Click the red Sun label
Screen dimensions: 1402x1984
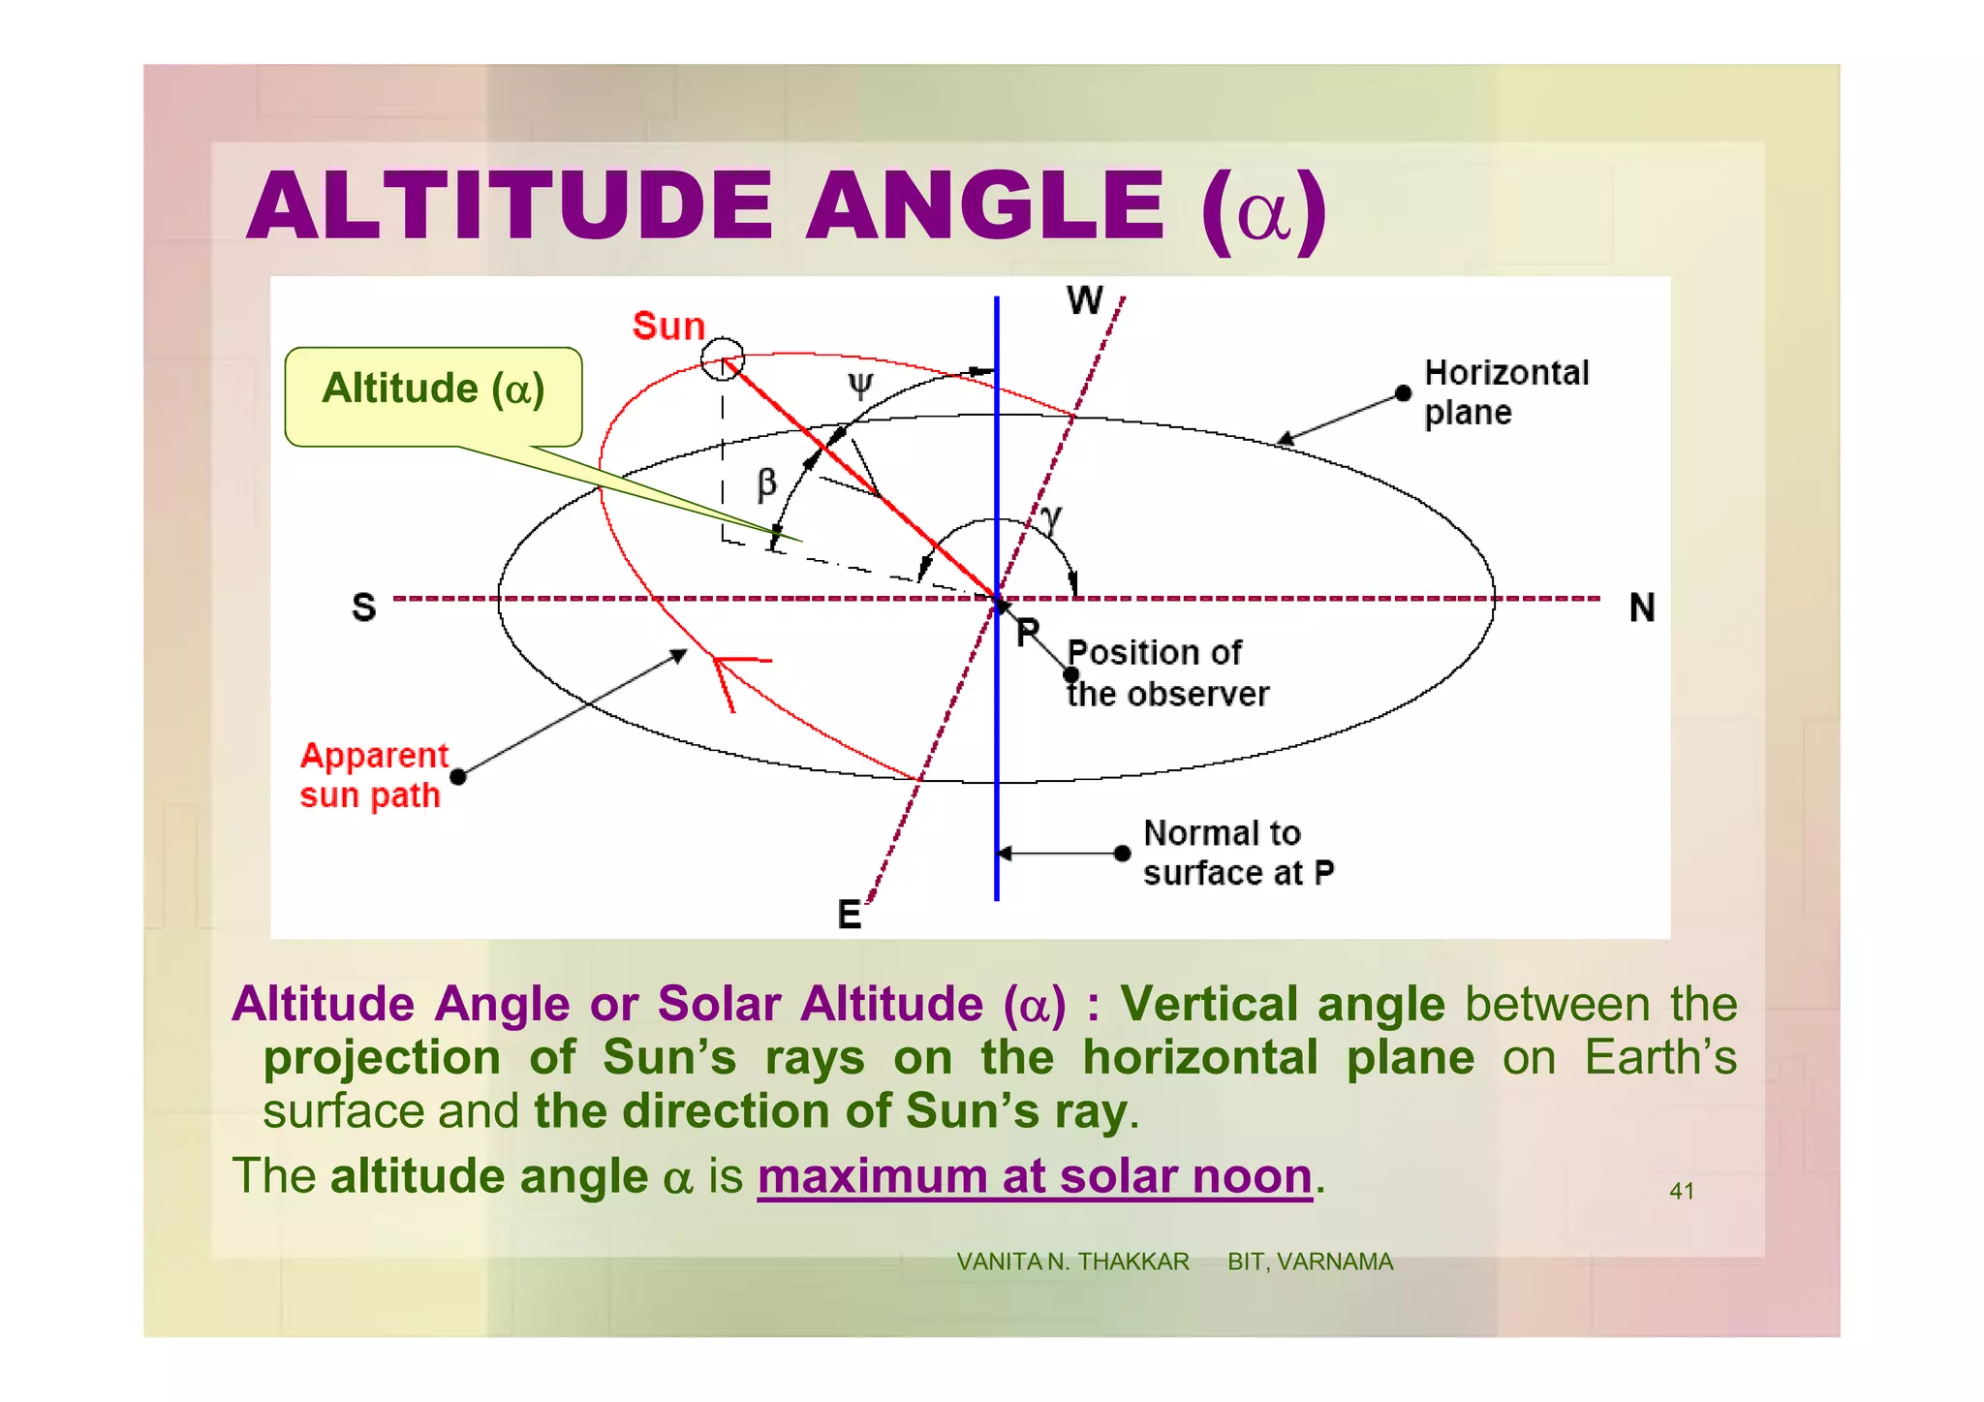tap(668, 327)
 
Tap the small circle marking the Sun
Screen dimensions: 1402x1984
tap(723, 359)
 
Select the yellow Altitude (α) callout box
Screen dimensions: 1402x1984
tap(433, 395)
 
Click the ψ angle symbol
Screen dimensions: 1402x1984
tap(860, 385)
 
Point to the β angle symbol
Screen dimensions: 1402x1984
tap(766, 483)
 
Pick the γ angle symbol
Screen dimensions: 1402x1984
tap(1052, 519)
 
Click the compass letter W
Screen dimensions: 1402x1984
tap(1084, 300)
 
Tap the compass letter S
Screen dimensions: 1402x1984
tap(363, 608)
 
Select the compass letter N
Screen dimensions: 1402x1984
tap(1641, 608)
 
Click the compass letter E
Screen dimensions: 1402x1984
tap(849, 915)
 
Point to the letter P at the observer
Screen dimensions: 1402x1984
tap(1028, 633)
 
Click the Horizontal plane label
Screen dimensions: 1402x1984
tap(1504, 392)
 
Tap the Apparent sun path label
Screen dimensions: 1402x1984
tap(373, 775)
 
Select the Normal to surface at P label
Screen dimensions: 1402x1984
tap(1237, 854)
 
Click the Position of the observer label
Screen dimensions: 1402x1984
tap(1166, 673)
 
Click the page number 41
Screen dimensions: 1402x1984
tap(1681, 1192)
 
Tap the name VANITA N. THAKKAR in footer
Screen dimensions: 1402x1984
tap(1072, 1262)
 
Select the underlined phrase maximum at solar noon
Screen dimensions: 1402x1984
tap(1034, 1177)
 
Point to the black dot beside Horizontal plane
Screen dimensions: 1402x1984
tap(1403, 393)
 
